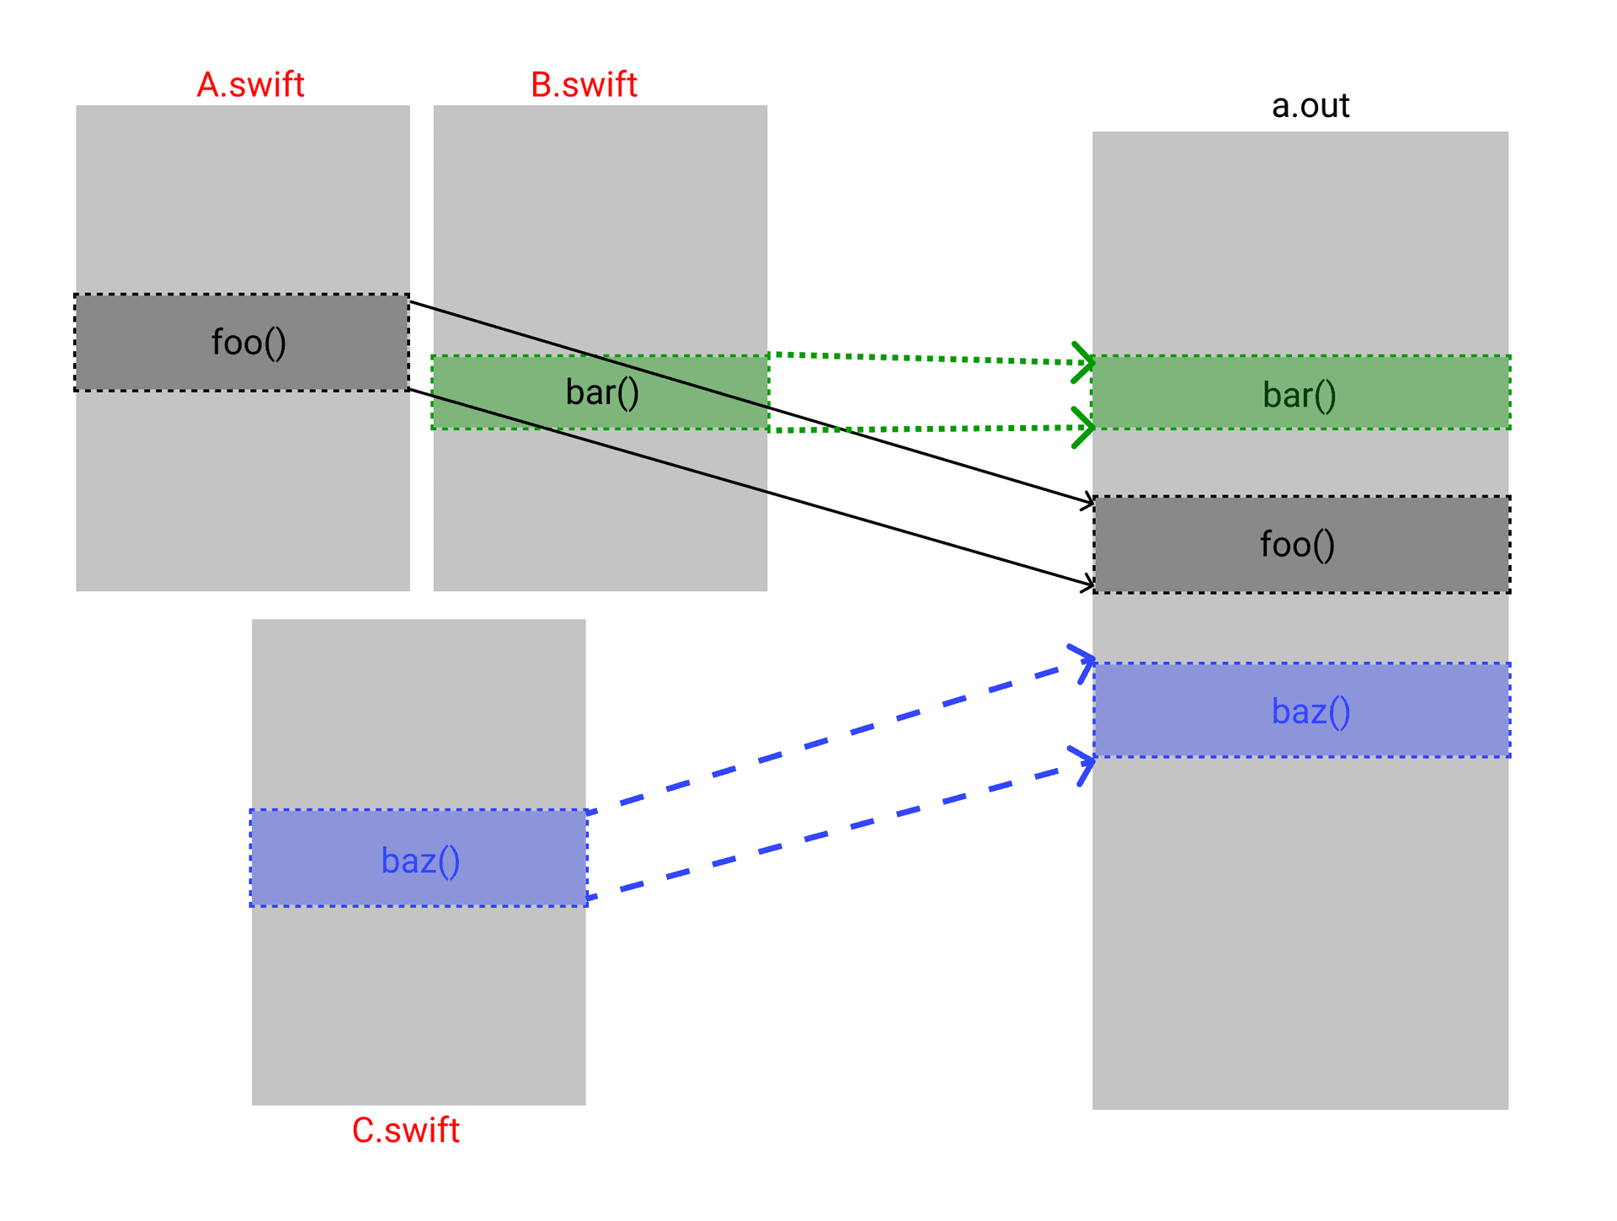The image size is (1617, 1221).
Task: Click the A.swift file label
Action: [x=250, y=85]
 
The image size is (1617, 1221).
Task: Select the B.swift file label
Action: [x=584, y=85]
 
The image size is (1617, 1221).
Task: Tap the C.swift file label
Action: [x=405, y=1130]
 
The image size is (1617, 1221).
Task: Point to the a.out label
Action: [x=1310, y=106]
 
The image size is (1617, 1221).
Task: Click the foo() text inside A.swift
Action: [x=248, y=343]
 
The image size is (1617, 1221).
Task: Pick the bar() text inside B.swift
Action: [x=602, y=392]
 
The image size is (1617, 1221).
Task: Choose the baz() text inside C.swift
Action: [x=420, y=861]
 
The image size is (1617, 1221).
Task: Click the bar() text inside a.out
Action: [x=1299, y=395]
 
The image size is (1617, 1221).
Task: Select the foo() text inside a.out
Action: [x=1297, y=545]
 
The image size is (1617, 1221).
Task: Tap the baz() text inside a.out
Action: [x=1310, y=712]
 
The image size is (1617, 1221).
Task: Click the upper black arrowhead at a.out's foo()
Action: [x=1090, y=502]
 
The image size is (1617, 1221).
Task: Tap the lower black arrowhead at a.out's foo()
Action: [x=1090, y=583]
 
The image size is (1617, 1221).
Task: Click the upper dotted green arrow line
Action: [x=926, y=359]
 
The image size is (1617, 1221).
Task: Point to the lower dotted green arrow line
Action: [x=926, y=429]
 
